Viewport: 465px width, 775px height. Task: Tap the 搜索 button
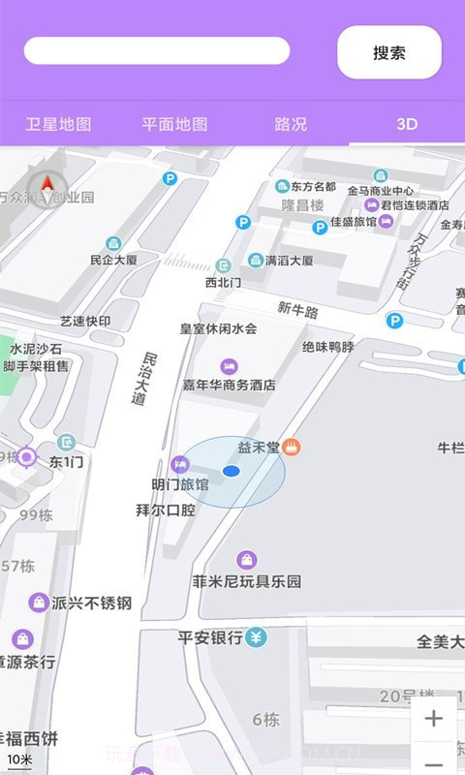[x=388, y=52]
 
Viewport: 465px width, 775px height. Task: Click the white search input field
[x=157, y=50]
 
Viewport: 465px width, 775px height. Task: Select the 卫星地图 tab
[x=58, y=124]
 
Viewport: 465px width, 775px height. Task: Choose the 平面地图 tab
[x=174, y=124]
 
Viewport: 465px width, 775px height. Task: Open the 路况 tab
[x=291, y=124]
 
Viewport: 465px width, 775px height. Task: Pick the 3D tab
[x=407, y=124]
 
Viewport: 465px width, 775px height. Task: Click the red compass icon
[x=46, y=184]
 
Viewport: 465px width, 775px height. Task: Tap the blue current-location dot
[x=231, y=471]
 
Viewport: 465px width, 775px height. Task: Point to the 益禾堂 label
[x=259, y=447]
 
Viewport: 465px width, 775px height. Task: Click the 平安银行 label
[x=209, y=637]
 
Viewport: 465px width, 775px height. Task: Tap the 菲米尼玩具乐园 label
[x=247, y=581]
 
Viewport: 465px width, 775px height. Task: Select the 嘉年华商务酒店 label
[x=230, y=385]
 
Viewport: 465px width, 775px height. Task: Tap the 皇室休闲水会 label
[x=218, y=328]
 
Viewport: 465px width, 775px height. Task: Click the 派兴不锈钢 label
[x=91, y=603]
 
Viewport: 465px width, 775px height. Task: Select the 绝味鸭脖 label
[x=327, y=346]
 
